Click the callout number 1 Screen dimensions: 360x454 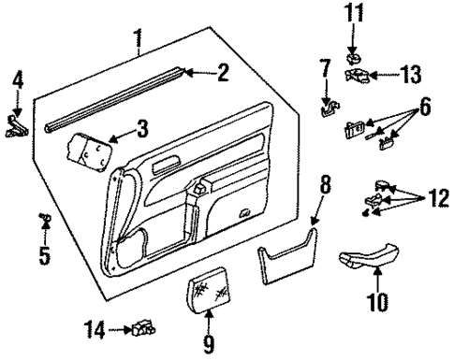coord(139,40)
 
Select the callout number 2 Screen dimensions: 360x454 coord(222,72)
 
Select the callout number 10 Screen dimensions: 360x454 coord(376,303)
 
